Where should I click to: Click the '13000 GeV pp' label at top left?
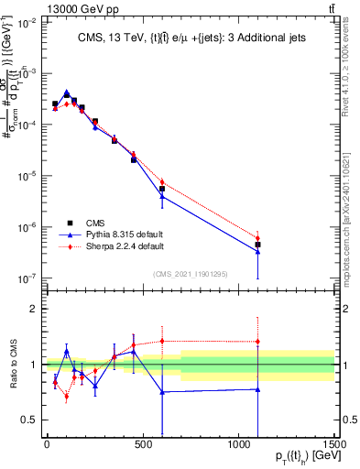tap(42, 8)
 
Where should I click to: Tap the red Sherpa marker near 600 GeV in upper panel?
tap(162, 182)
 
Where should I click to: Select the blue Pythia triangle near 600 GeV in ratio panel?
tap(162, 392)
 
